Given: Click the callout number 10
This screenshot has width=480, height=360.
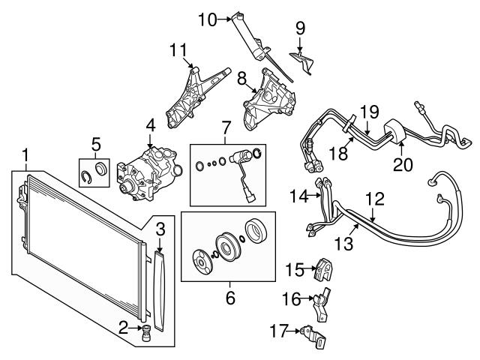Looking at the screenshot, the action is pos(207,19).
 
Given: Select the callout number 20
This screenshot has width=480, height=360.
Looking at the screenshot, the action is pos(403,164).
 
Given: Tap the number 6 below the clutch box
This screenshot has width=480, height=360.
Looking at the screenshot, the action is pos(230,297).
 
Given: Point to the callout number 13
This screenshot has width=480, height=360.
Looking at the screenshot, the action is pos(343,244).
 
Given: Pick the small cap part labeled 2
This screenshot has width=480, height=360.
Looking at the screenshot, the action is pos(146,332).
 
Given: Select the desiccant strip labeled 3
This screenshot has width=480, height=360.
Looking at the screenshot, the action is pos(159,291).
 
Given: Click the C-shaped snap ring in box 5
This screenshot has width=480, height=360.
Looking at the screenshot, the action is pos(87,178).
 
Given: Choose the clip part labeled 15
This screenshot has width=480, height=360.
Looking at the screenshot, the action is pos(323,268).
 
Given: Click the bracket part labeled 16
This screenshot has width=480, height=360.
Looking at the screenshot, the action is pos(321,304).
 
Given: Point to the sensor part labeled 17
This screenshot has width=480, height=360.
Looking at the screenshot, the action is pos(313,337).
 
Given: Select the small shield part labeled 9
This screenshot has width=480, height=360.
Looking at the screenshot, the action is pos(301,62).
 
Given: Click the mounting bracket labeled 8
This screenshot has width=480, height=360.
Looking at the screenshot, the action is pos(269,98).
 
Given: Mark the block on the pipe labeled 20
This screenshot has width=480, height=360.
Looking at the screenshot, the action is pos(395,132).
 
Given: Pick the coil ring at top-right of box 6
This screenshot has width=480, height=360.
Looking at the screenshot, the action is pos(256,230).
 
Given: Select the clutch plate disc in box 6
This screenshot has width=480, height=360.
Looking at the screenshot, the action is pos(202,262).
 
